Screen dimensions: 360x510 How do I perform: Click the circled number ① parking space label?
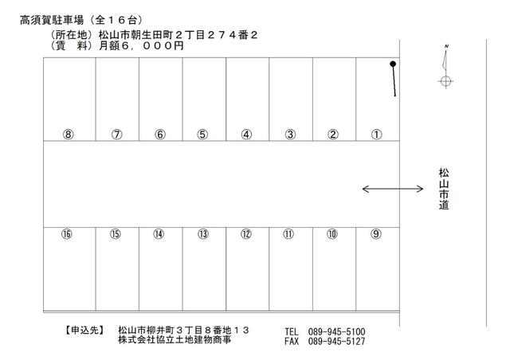coord(376,134)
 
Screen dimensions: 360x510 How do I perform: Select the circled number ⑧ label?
coord(69,134)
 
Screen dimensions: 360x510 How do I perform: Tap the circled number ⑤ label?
coord(202,134)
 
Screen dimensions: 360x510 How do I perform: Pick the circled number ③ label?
coord(291,134)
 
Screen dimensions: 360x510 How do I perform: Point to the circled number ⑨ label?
coord(376,234)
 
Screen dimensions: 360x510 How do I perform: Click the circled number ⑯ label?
coord(66,234)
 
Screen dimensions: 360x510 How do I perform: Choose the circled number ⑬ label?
coord(203,234)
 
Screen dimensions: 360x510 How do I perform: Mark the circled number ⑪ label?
coord(288,234)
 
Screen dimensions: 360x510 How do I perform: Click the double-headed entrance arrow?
coord(393,189)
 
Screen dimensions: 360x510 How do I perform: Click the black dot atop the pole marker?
coord(393,64)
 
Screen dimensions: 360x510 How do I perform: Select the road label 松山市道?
coord(444,189)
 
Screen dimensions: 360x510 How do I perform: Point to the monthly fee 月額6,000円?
coord(141,46)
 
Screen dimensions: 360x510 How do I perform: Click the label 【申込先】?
coord(83,330)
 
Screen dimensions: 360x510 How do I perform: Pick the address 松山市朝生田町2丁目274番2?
coord(178,36)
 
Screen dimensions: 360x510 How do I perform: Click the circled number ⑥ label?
coord(159,134)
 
